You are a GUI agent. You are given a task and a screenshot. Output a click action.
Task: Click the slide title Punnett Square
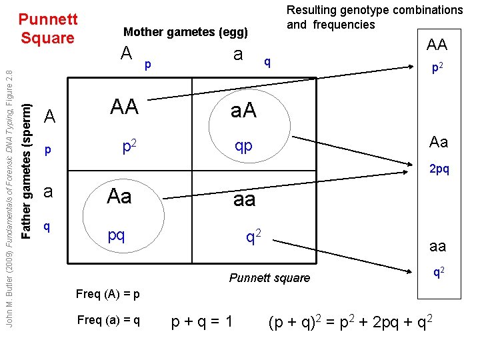(x=47, y=27)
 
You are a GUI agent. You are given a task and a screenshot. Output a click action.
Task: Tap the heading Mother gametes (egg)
(x=185, y=32)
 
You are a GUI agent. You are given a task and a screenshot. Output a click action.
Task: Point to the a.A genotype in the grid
(x=245, y=113)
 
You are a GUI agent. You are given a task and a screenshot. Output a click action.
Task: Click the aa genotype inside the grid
(x=245, y=200)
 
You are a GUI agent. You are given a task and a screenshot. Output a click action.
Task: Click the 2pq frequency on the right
(x=439, y=169)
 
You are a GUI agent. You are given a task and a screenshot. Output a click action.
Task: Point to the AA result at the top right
(x=437, y=45)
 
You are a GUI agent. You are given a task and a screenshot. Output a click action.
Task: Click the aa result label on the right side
(x=437, y=247)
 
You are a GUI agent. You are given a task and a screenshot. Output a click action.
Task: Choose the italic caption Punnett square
(x=269, y=278)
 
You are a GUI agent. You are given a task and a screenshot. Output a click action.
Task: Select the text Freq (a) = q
(x=109, y=320)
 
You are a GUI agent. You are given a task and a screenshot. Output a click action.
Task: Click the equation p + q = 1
(x=201, y=322)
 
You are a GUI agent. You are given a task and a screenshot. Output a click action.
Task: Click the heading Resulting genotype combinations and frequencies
(x=374, y=17)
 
